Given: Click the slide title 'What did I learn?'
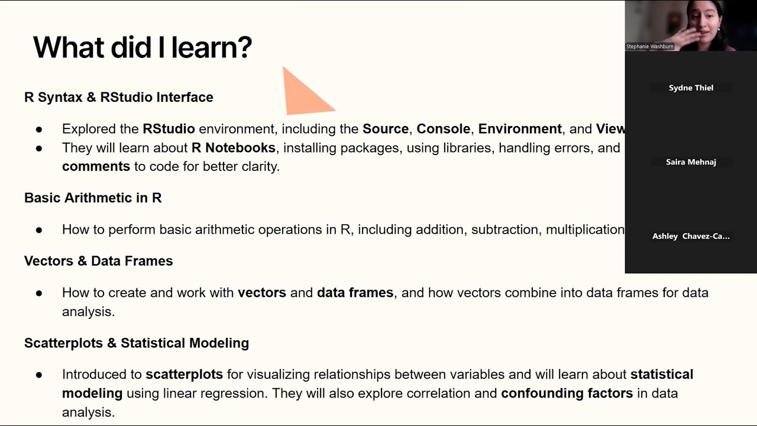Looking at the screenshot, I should [143, 47].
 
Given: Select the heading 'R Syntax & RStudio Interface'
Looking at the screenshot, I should [118, 97].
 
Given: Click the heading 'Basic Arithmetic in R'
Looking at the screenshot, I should [93, 198].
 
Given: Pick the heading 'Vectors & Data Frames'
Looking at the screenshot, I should [98, 261].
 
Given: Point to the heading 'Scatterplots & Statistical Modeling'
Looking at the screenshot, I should [136, 343].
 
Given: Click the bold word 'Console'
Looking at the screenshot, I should [444, 129].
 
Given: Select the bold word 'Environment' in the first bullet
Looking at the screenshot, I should [520, 129].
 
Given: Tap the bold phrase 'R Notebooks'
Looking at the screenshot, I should [233, 147].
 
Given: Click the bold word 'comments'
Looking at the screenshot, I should [96, 166].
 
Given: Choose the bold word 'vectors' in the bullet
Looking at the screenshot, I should [261, 292].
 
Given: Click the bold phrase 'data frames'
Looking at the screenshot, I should [355, 292].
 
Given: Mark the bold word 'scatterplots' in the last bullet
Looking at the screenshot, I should [184, 375].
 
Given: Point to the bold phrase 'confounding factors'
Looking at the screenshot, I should [567, 393].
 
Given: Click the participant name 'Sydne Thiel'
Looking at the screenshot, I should [691, 88].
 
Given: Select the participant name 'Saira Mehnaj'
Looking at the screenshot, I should [691, 162].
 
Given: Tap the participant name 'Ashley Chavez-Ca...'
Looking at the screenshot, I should [691, 236].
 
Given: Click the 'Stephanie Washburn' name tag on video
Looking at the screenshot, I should [650, 46].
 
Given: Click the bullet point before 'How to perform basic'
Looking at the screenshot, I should [39, 230].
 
